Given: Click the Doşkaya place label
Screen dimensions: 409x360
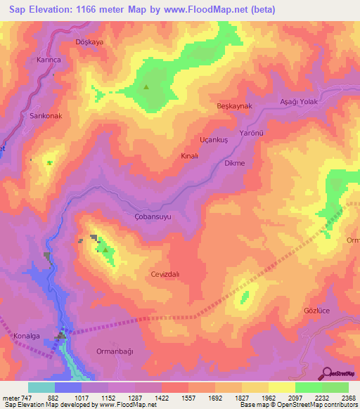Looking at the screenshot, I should coord(89,42).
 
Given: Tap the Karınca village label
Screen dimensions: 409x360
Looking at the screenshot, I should coord(49,60).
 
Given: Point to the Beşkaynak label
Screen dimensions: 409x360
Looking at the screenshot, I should coord(234,105).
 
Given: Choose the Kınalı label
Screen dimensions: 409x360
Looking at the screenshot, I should coord(190,155).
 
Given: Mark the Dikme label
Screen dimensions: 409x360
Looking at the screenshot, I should coord(233,163).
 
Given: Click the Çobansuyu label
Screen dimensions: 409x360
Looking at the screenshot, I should coord(153,217).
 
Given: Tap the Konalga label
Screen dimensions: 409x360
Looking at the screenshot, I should coord(27,337).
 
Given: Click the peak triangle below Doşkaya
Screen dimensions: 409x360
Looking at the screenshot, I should coord(146,87).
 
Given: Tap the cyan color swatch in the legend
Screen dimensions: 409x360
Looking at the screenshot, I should coord(41,387).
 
